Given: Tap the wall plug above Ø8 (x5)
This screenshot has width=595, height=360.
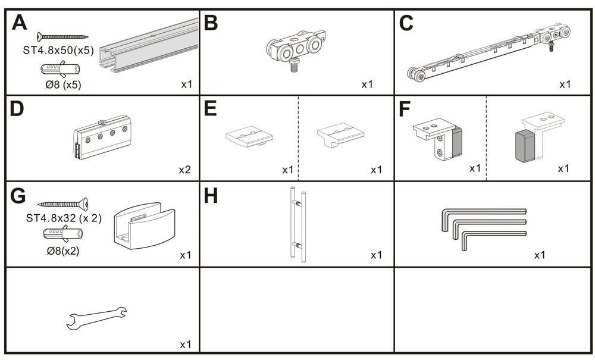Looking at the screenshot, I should (x=59, y=70).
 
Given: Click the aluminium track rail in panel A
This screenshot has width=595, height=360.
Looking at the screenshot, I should (x=149, y=46).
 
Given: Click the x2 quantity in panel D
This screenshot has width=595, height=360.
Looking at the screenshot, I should (x=185, y=170).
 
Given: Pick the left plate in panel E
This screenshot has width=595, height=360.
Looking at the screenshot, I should (x=249, y=136).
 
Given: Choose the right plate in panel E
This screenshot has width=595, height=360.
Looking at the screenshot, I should (x=340, y=136).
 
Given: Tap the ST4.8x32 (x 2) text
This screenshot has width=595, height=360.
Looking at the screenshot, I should (x=64, y=218).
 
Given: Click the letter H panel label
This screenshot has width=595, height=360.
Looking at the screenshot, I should (x=211, y=196).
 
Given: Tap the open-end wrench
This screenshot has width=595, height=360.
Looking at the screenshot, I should (x=96, y=317).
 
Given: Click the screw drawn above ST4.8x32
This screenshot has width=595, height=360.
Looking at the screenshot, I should (x=63, y=205).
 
